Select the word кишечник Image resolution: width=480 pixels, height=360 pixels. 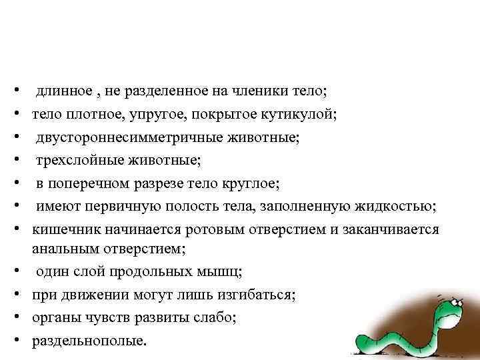click(63, 230)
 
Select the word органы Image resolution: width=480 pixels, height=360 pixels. click(53, 318)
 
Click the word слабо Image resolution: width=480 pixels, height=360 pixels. click(215, 318)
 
